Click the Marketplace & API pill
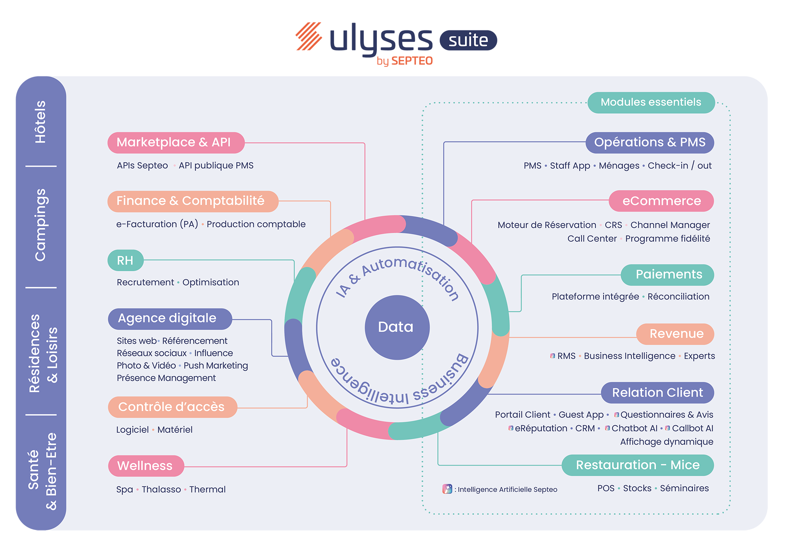[176, 142]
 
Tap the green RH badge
[125, 260]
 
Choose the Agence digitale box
[170, 319]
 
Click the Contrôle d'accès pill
[172, 407]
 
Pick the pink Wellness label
[146, 466]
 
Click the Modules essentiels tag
[651, 102]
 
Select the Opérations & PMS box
[650, 142]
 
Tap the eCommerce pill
[661, 201]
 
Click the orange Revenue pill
[675, 334]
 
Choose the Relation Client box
[657, 393]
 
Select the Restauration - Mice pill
[637, 465]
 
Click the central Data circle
[397, 327]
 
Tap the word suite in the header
[468, 40]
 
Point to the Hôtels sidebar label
[40, 121]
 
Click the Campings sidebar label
[40, 225]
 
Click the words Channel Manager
[670, 225]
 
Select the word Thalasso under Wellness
[161, 489]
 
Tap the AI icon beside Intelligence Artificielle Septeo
[447, 489]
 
